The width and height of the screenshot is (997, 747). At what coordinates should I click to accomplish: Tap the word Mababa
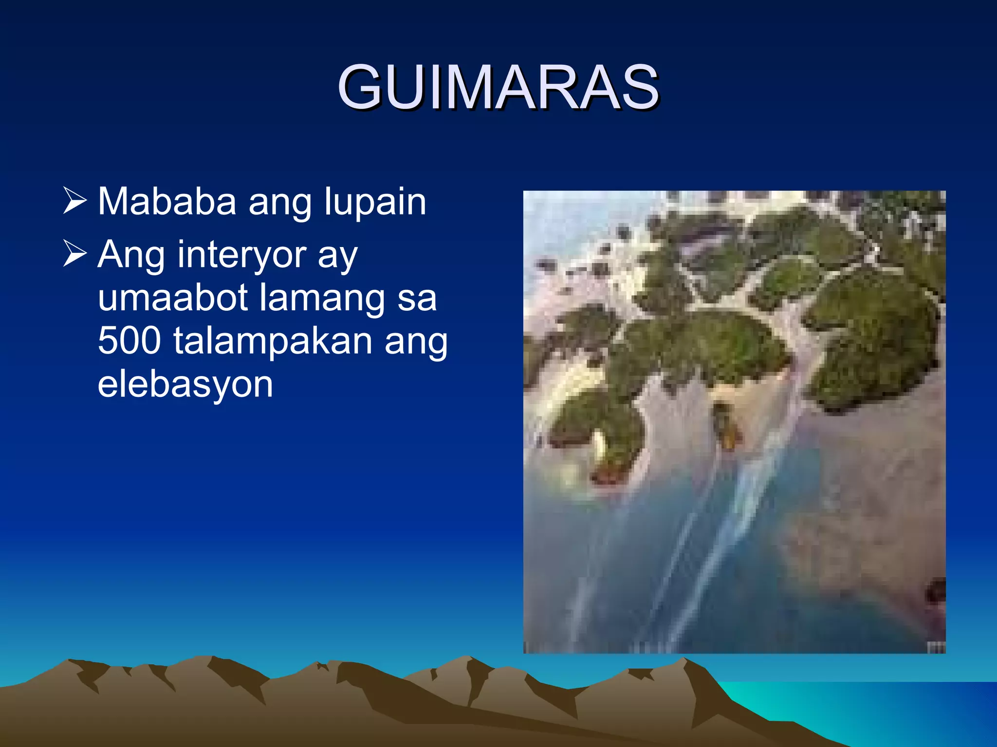[167, 201]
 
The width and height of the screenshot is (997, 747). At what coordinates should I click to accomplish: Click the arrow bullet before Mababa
[74, 201]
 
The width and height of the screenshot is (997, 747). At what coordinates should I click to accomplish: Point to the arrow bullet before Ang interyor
[74, 254]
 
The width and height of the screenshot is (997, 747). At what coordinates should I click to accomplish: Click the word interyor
[241, 255]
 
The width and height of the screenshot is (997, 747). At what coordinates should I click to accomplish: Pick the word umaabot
[173, 298]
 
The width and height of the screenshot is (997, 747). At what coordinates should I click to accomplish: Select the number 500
[129, 340]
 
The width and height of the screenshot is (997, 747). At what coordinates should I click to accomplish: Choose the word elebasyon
[185, 384]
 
